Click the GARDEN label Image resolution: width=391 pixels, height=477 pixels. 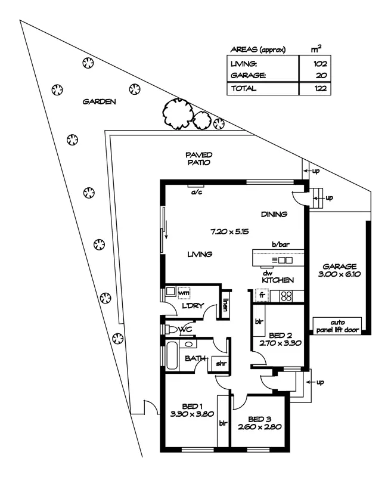click(x=99, y=101)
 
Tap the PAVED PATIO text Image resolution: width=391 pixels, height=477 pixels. click(x=198, y=158)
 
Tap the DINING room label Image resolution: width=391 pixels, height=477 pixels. click(x=274, y=214)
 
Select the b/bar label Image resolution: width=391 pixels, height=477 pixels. click(x=280, y=244)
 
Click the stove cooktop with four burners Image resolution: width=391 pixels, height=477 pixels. click(x=285, y=295)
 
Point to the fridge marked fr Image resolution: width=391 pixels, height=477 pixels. click(x=262, y=295)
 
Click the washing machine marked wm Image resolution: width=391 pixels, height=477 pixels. click(x=184, y=293)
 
